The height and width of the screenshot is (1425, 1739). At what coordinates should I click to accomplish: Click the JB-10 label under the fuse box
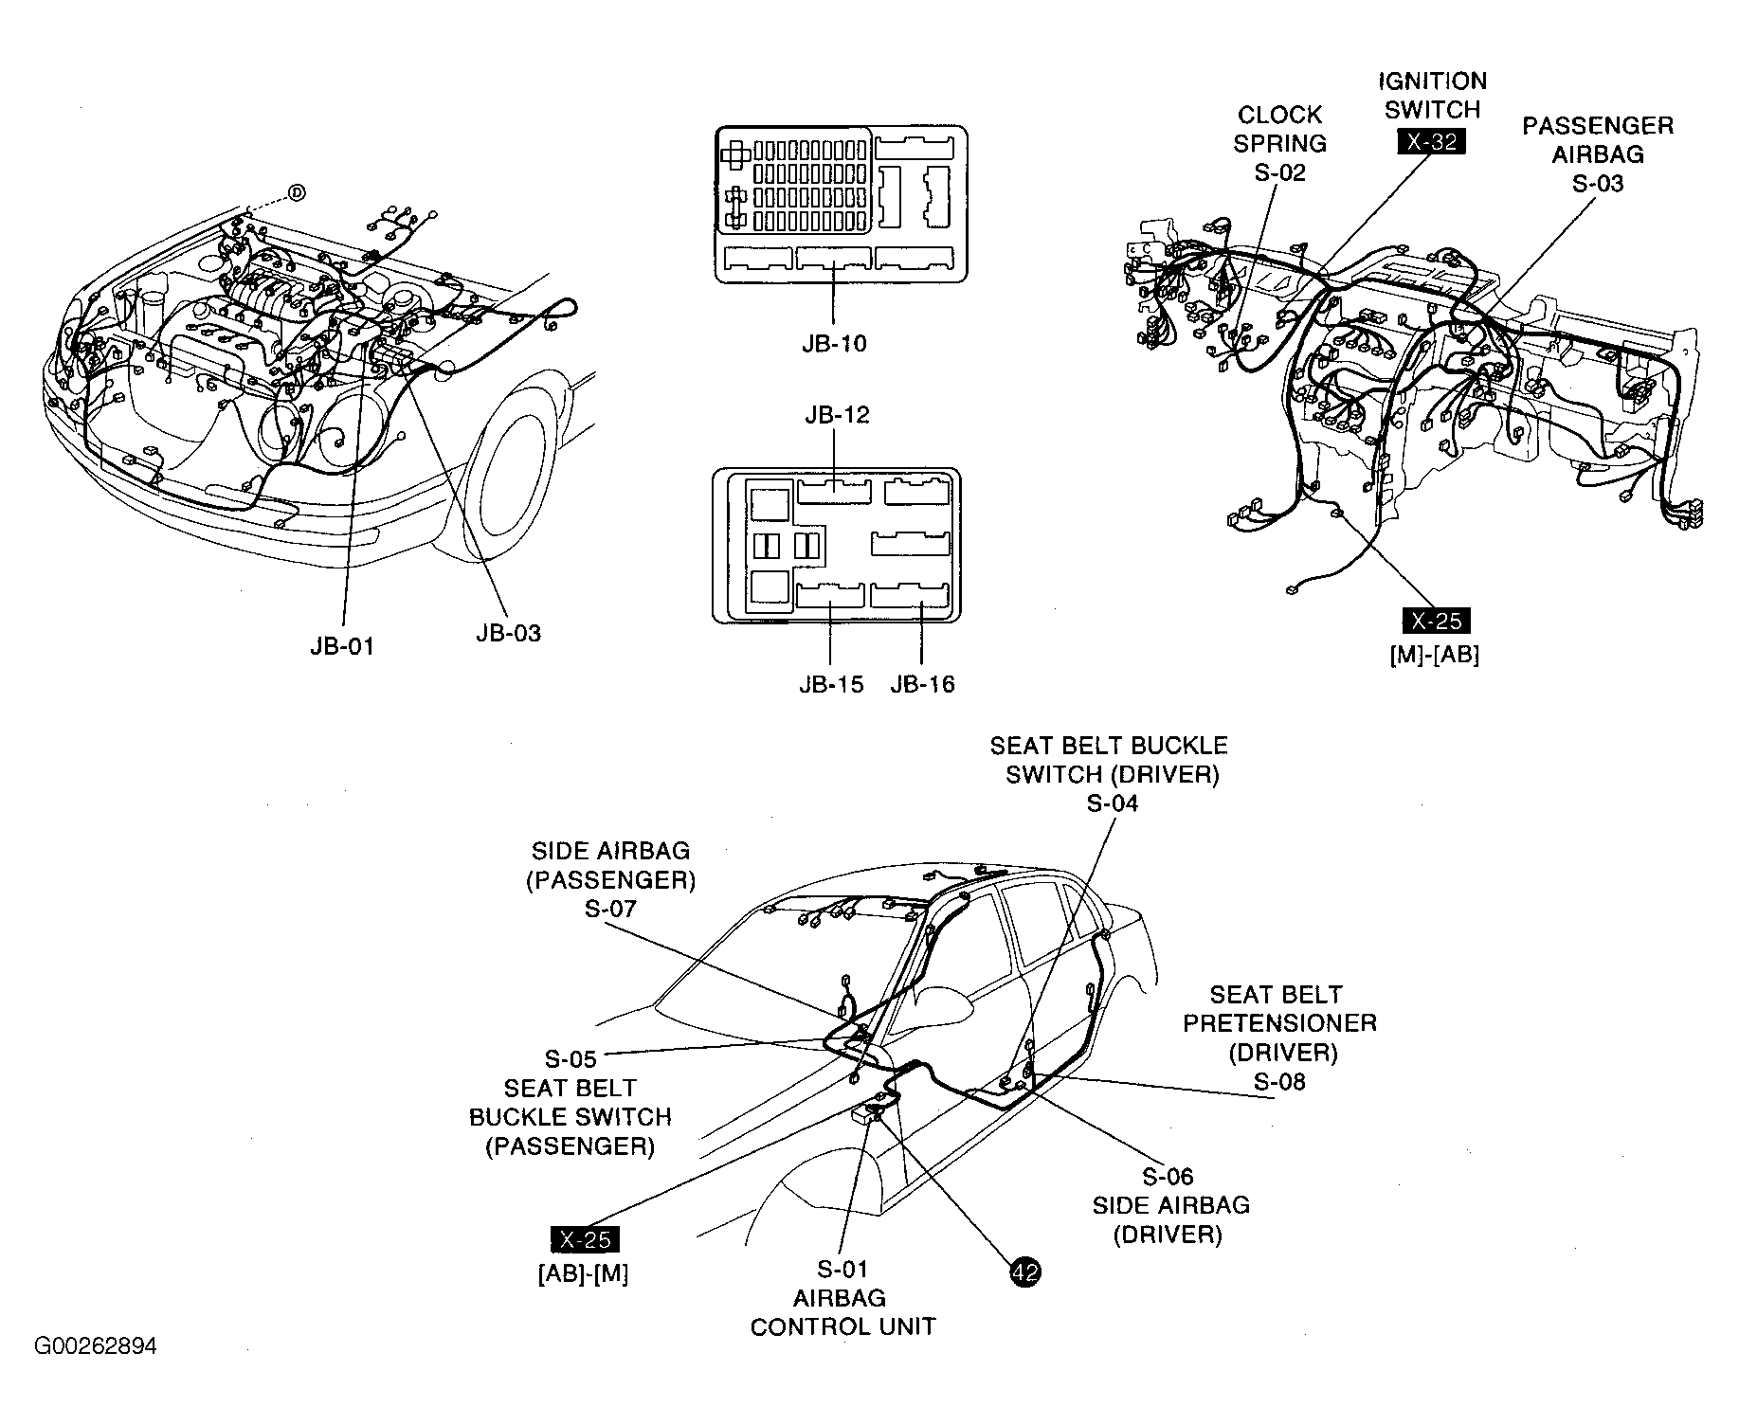833,343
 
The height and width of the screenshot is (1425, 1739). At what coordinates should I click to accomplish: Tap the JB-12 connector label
836,415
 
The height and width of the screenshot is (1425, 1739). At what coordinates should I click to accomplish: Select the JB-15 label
831,684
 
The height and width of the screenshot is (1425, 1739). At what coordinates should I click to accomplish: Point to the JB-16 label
922,684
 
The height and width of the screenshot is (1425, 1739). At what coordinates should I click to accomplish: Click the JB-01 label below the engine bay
342,646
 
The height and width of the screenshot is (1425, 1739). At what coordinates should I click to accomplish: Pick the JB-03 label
508,633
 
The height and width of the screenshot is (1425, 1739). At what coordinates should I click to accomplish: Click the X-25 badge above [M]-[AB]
1436,622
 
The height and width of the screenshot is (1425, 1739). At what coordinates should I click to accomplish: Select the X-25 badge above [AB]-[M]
586,1240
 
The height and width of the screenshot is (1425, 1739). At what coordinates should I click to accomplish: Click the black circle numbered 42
1024,1272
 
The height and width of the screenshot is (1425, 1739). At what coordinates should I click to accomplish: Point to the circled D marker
296,193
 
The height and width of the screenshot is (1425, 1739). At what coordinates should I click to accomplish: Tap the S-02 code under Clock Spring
1279,172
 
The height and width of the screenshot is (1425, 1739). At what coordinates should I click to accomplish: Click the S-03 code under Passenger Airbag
1597,183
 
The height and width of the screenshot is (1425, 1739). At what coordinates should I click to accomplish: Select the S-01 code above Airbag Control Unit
842,1269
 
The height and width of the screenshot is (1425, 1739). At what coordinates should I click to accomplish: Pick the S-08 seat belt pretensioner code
1279,1081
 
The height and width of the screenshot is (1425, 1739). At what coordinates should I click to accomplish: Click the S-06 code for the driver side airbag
1168,1177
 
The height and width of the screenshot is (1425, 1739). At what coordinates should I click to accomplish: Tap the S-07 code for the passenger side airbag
610,909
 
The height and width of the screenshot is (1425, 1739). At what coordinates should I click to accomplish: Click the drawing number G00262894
96,1346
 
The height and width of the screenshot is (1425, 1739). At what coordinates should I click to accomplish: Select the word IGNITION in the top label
1432,81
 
